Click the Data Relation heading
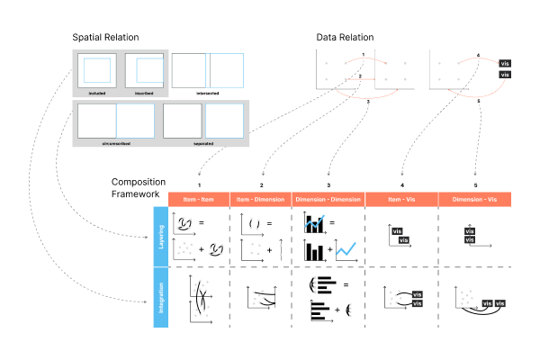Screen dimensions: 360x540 pos(345,37)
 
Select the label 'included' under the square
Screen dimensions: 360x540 pos(98,92)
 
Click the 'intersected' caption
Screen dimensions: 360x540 pos(208,92)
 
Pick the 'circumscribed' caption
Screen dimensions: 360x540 pos(115,142)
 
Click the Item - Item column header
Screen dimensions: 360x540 pos(199,198)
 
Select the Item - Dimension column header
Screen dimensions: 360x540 pos(262,198)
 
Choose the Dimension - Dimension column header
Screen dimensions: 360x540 pos(328,198)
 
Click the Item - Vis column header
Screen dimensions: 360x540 pos(400,198)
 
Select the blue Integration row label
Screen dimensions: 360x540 pos(162,297)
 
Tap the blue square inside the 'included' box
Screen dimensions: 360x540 pos(98,69)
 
